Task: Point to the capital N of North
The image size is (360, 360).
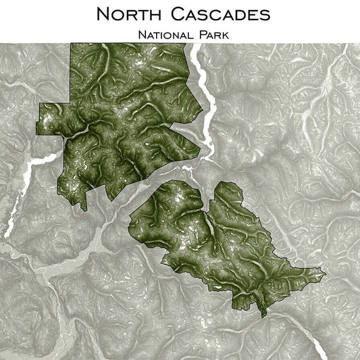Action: pos(102,14)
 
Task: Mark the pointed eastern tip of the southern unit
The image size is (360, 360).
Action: pos(325,274)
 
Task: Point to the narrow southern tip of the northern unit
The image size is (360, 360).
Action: pos(84,209)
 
